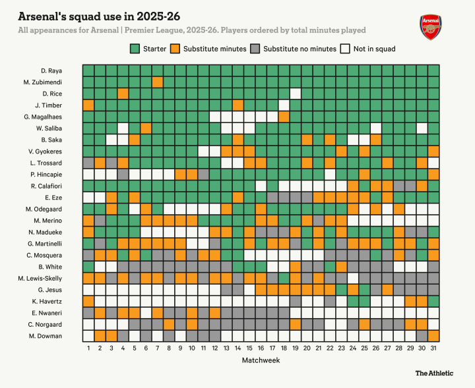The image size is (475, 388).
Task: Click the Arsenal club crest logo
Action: [429, 26]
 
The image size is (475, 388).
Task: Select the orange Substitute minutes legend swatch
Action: [175, 49]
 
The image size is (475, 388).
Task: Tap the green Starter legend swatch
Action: [135, 49]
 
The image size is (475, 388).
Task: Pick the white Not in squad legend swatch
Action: [345, 49]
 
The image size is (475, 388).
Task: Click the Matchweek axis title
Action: [261, 361]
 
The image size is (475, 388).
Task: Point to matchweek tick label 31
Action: [433, 348]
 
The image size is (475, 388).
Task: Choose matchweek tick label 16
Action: [261, 348]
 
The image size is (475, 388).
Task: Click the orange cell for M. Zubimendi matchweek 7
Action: [157, 82]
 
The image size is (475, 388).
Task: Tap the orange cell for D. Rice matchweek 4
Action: [123, 94]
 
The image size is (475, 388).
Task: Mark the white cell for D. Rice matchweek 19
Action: [296, 94]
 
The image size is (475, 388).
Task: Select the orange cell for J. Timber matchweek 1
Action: [88, 105]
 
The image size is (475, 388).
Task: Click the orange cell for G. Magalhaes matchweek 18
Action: [284, 117]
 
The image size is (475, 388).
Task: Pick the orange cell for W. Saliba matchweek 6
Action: [146, 128]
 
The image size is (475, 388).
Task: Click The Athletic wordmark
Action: [434, 373]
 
